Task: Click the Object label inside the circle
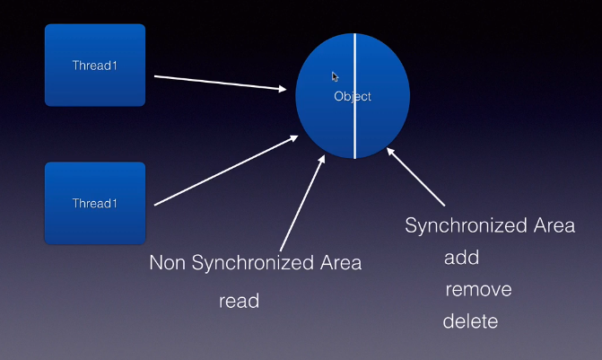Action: point(352,96)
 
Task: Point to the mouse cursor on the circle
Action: point(335,77)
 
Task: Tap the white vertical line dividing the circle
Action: point(354,126)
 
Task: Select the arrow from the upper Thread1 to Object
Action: point(224,83)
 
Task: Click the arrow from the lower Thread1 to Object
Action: point(224,171)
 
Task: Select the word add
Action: point(461,259)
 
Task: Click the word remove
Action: point(479,290)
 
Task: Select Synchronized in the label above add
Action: point(465,225)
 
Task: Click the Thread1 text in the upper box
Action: point(94,65)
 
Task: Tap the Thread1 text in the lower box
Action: point(94,204)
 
